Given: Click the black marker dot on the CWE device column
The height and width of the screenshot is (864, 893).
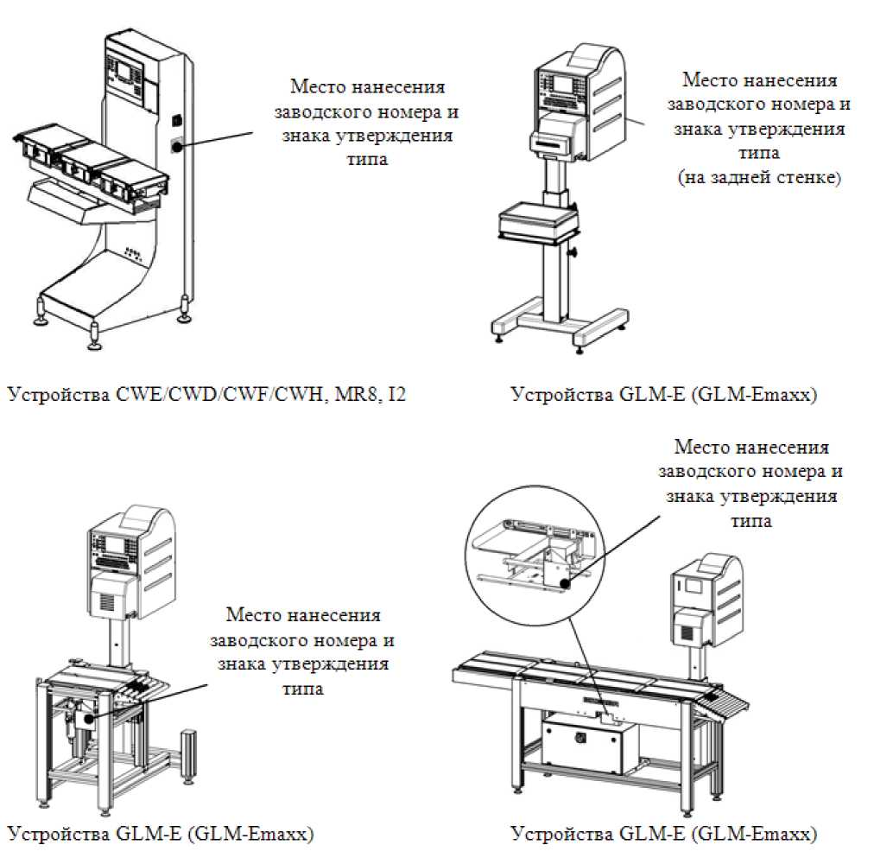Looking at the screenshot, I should pyautogui.click(x=176, y=147).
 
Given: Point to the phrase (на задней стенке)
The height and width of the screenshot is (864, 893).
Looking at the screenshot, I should pyautogui.click(x=759, y=179).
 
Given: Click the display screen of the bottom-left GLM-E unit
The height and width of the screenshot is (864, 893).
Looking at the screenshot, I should pyautogui.click(x=118, y=546).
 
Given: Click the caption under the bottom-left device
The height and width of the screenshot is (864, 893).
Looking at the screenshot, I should pyautogui.click(x=161, y=835).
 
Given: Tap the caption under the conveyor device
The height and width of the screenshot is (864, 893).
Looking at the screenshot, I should pyautogui.click(x=663, y=835).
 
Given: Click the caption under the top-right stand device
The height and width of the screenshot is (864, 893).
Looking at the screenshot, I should pyautogui.click(x=663, y=396).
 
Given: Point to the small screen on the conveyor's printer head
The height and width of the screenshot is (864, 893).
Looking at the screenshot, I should pyautogui.click(x=693, y=586).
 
